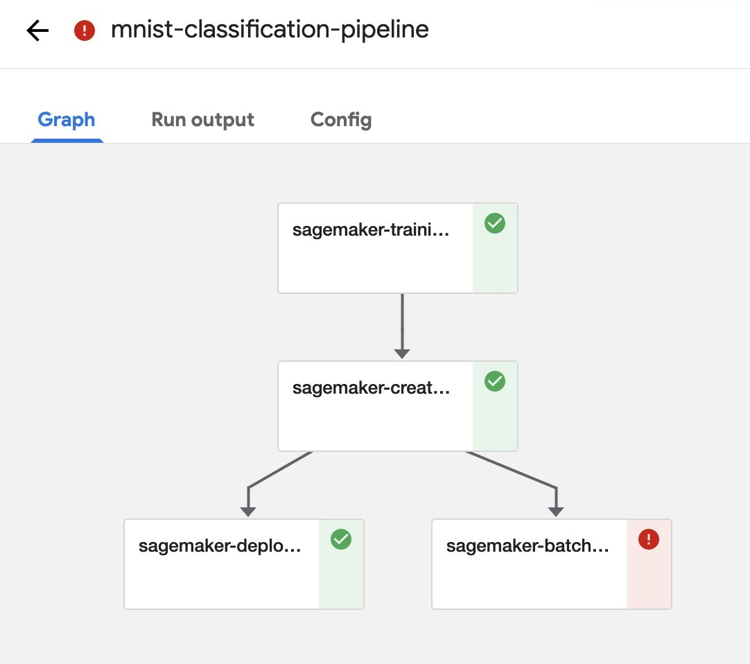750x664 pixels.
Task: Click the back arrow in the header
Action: point(37,30)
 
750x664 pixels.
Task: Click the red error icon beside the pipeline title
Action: point(85,30)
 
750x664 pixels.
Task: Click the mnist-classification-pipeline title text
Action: point(270,30)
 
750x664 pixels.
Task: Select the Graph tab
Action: point(67,120)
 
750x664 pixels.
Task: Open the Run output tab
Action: point(202,120)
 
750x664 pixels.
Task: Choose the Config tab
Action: point(340,120)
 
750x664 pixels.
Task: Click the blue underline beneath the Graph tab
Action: point(67,141)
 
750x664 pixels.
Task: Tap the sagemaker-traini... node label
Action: point(371,230)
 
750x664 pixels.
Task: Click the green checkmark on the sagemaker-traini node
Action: point(495,223)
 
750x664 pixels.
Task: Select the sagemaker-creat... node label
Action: point(371,388)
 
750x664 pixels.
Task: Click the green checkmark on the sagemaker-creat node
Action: point(495,381)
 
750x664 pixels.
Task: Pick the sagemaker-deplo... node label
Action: point(220,546)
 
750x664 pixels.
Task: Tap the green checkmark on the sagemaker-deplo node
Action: point(341,539)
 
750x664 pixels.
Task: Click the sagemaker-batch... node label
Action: point(527,546)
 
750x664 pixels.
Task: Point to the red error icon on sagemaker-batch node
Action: point(649,539)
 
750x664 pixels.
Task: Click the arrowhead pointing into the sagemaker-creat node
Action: point(402,353)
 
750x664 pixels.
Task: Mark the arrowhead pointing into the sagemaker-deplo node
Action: point(248,512)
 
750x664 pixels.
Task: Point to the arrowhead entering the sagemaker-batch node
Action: point(556,512)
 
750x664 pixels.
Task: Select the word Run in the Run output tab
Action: point(168,120)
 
